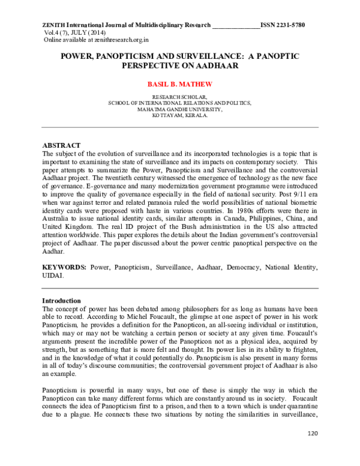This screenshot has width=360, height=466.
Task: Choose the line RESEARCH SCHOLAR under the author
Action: point(180,97)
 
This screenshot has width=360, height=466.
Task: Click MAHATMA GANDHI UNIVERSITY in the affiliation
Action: point(180,109)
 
